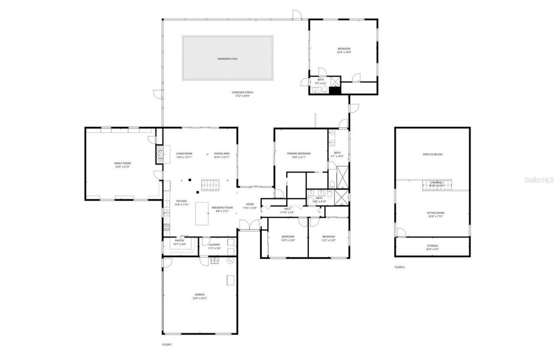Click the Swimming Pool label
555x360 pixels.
pyautogui.click(x=228, y=59)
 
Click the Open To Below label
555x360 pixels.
pyautogui.click(x=432, y=154)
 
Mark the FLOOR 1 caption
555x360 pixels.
pyautogui.click(x=167, y=344)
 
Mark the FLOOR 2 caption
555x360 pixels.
pyautogui.click(x=399, y=267)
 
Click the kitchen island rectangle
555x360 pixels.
pyautogui.click(x=202, y=213)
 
